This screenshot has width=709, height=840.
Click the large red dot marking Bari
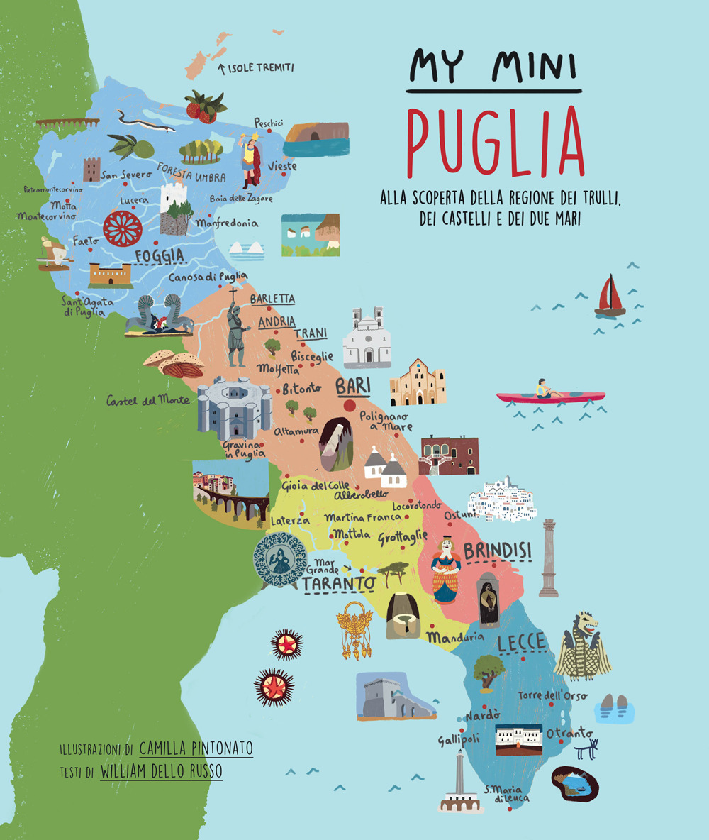(x=350, y=406)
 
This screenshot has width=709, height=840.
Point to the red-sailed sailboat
(x=609, y=296)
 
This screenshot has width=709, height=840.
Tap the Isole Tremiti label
(x=259, y=68)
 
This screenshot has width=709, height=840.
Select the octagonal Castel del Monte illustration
(x=233, y=409)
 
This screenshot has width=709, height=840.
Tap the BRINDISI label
(x=498, y=550)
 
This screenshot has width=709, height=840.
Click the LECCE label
(x=521, y=643)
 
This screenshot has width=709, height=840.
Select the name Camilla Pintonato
(x=196, y=748)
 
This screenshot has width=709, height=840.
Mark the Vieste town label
(x=282, y=166)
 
